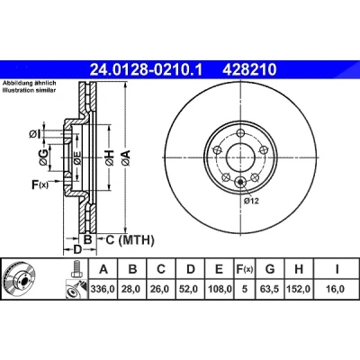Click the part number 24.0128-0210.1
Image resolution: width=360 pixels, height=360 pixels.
coord(147,70)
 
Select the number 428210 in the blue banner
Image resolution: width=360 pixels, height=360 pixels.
coord(249,70)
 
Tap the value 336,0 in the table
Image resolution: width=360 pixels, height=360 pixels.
coord(103,289)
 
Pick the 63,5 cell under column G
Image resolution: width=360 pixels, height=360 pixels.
coord(270,289)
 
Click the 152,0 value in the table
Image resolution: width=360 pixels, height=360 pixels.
coord(299,289)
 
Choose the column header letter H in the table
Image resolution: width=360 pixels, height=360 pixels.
coord(299,269)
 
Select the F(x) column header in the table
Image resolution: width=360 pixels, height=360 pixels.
coord(245,269)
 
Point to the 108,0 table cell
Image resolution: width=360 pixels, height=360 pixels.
coord(220,289)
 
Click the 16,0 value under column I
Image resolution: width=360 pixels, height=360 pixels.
coord(337,289)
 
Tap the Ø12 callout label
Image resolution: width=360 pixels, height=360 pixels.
coord(251,201)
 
